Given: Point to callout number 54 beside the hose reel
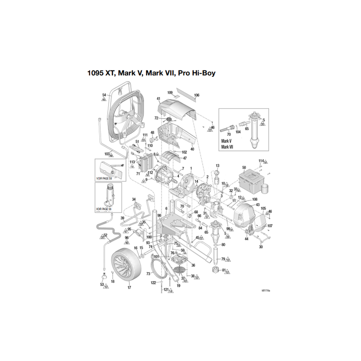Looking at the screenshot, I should pos(104,95).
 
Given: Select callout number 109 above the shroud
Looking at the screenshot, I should pos(170,93).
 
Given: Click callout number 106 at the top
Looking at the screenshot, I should pos(196,95).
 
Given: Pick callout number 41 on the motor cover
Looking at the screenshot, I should pos(158,99).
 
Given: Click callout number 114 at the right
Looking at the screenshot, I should pos(261,161).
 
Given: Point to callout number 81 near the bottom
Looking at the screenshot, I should pos(223,270).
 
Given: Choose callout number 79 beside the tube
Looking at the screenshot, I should pos(222,259).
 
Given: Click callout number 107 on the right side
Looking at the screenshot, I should pos(270,226).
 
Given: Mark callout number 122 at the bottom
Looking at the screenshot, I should pos(153,282).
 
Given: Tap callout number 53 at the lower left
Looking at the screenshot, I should pos(102,284).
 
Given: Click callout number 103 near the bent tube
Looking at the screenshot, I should pos(107,153).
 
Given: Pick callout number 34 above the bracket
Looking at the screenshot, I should pos(134,199).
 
